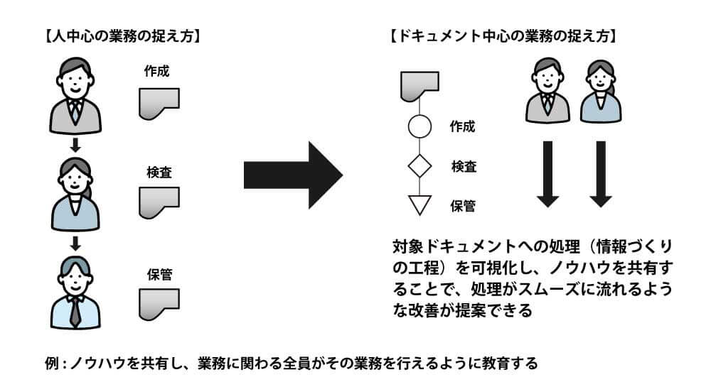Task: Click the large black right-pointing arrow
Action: [x=293, y=175]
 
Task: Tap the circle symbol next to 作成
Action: [x=419, y=126]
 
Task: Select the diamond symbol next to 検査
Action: [x=419, y=166]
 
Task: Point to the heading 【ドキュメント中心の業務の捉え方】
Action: [x=504, y=36]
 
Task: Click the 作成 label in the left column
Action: [x=156, y=71]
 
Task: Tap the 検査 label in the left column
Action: [x=159, y=172]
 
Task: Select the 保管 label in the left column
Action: [x=159, y=274]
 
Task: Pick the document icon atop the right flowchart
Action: [x=419, y=86]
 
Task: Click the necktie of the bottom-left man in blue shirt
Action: [x=75, y=312]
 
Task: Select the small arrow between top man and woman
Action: [x=75, y=146]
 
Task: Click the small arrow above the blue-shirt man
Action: [x=75, y=244]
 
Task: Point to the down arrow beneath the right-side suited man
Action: [x=547, y=174]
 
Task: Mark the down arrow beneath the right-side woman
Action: [x=601, y=174]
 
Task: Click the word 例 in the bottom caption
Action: [x=52, y=363]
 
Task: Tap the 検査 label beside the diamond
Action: [x=464, y=167]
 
